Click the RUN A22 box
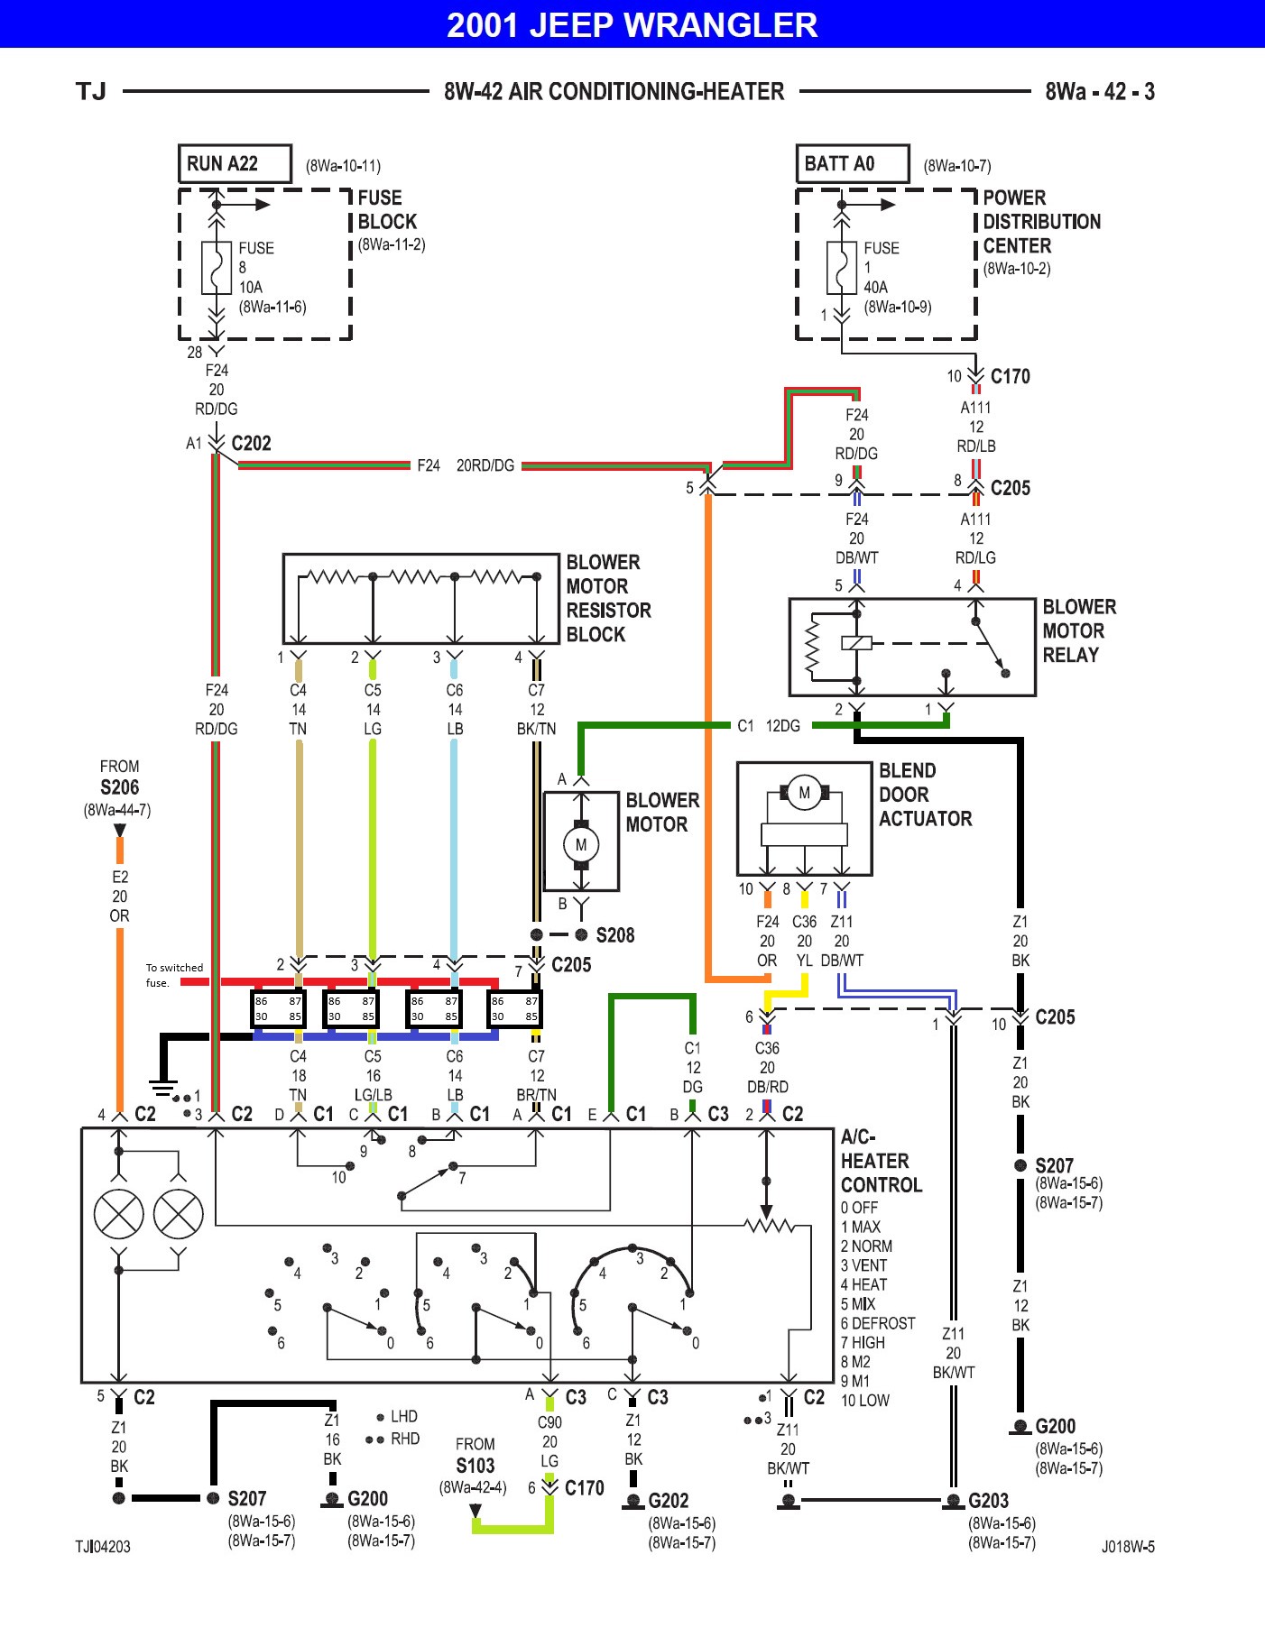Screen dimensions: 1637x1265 (x=234, y=164)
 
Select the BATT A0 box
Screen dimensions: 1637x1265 (x=851, y=164)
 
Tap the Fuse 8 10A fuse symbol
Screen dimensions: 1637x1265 (x=216, y=267)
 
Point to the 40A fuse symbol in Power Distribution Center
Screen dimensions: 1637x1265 (x=841, y=267)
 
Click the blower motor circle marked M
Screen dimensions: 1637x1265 (x=581, y=845)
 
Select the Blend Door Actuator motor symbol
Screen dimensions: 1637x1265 (x=804, y=794)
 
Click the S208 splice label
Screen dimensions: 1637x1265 (x=615, y=935)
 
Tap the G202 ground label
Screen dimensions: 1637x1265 (x=668, y=1501)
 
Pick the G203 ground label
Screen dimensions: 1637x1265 (x=988, y=1501)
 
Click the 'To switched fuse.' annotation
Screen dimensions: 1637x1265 (x=173, y=975)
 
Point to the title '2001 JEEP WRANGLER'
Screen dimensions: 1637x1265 (x=632, y=24)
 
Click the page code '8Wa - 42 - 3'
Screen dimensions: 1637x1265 (x=1099, y=92)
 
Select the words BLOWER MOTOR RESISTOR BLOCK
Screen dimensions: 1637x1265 (x=607, y=598)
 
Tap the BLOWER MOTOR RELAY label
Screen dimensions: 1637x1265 (x=1078, y=630)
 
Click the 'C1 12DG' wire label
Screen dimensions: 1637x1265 (x=768, y=726)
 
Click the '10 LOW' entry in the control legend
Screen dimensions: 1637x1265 (x=864, y=1401)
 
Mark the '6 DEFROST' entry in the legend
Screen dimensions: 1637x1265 (x=877, y=1323)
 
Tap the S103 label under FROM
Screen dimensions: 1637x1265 (x=475, y=1466)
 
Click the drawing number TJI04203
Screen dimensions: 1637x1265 (x=103, y=1546)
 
